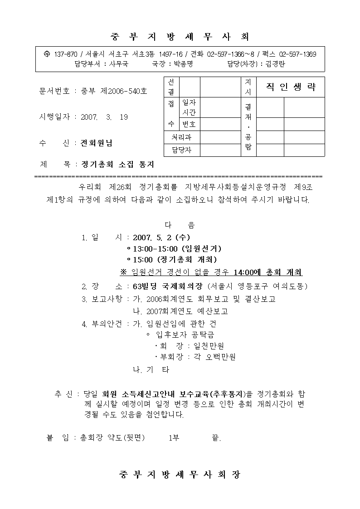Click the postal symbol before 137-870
[x=47, y=54]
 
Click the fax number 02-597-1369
[x=297, y=54]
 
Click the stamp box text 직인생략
[x=291, y=87]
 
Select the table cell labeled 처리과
[x=181, y=137]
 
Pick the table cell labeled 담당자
[x=181, y=150]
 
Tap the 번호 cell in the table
[x=189, y=124]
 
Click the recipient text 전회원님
[x=97, y=143]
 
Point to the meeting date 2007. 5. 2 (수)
[x=161, y=237]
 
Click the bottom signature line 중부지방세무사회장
[x=180, y=475]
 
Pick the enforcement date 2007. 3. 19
[x=104, y=117]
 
